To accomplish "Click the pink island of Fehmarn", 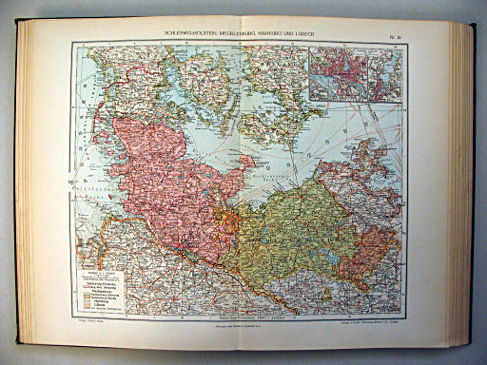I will coord(244,163).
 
